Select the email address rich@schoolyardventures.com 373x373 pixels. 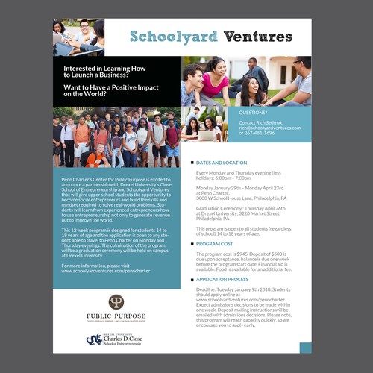269,128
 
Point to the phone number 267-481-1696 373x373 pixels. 270,134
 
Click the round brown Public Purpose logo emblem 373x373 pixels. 116,301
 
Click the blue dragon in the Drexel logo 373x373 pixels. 93,340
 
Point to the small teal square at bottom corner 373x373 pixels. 304,347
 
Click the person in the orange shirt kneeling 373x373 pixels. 93,155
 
